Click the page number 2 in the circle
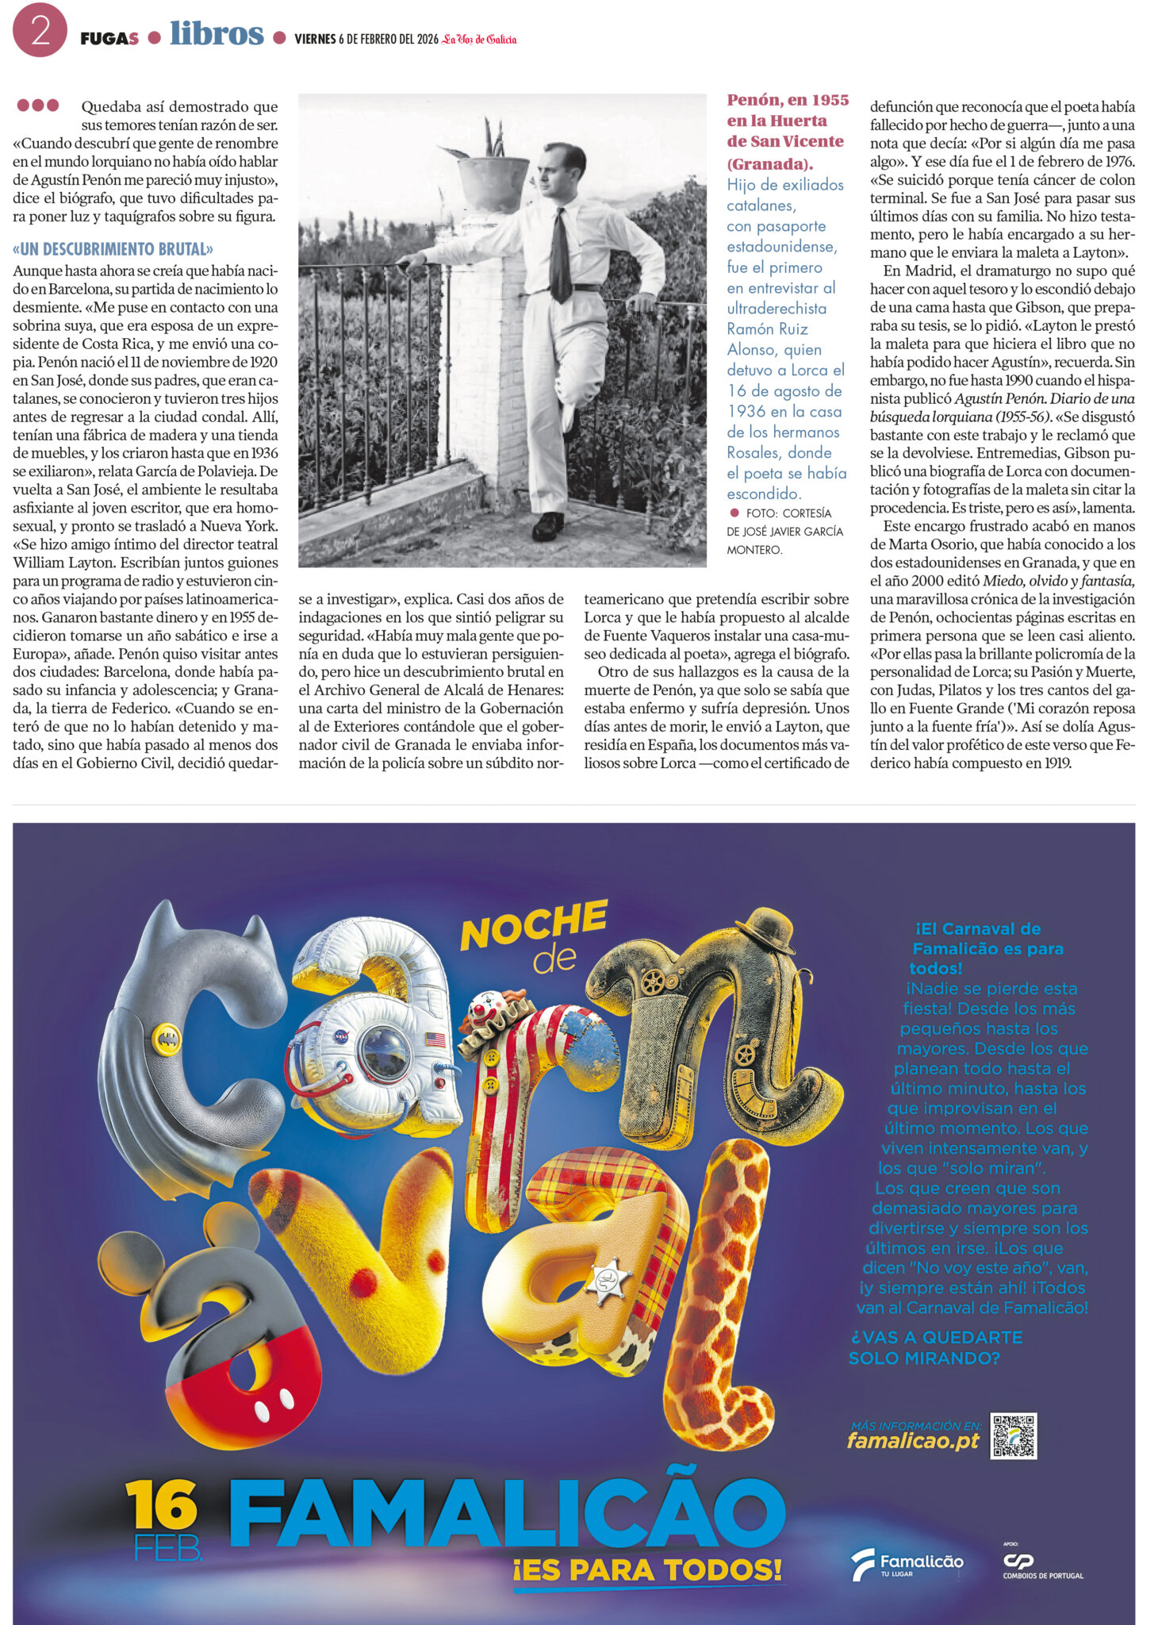[x=40, y=30]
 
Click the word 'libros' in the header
[x=217, y=33]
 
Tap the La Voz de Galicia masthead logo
[x=479, y=39]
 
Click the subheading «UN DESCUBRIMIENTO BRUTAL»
[x=113, y=249]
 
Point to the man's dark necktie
[x=560, y=255]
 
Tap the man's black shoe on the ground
[x=547, y=525]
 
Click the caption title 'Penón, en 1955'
[x=788, y=101]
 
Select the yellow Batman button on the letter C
[x=167, y=1038]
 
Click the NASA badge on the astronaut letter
[x=342, y=1035]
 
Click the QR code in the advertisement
[x=1013, y=1436]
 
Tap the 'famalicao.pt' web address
[x=913, y=1441]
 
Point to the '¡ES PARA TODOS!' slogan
[x=647, y=1569]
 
